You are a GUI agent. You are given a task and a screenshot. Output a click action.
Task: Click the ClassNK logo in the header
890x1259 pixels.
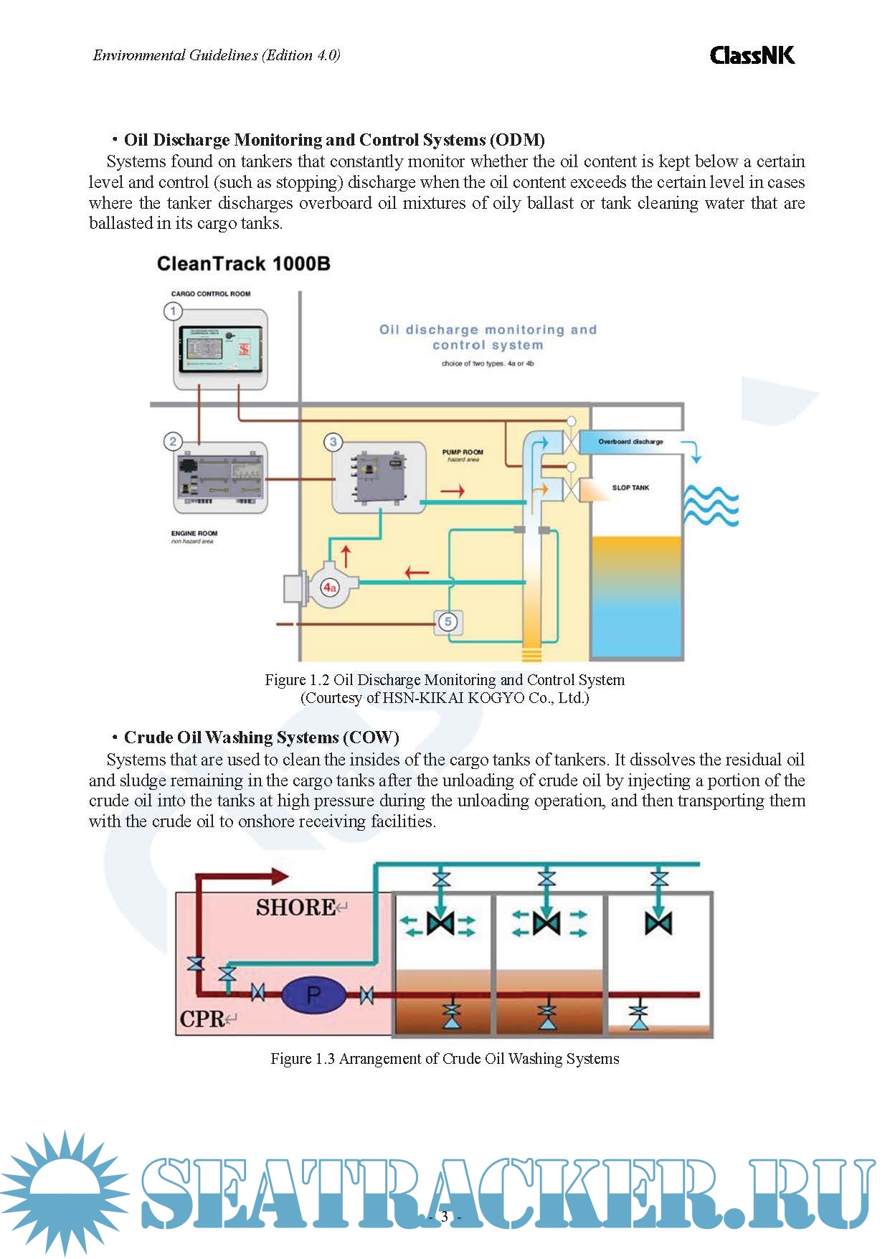click(752, 55)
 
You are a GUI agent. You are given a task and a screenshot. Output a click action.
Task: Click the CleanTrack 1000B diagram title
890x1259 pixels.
click(243, 264)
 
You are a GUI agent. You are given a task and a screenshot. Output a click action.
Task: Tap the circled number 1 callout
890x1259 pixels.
click(173, 311)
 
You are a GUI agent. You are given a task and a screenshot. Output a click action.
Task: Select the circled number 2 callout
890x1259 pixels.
click(173, 441)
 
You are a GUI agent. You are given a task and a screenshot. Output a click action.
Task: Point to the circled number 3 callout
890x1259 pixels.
click(333, 442)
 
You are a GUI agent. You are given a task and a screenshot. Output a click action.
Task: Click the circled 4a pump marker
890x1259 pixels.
click(329, 588)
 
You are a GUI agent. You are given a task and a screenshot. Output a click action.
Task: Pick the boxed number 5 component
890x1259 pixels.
click(448, 621)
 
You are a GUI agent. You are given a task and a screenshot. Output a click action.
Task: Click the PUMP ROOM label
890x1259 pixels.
click(463, 453)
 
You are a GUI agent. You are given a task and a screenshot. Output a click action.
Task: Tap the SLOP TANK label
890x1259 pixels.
click(630, 488)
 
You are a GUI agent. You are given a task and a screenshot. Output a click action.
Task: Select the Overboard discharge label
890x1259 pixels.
click(630, 442)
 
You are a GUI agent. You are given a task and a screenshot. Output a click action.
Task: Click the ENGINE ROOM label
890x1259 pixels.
click(194, 534)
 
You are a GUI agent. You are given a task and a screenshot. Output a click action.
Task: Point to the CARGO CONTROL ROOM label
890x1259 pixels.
click(211, 294)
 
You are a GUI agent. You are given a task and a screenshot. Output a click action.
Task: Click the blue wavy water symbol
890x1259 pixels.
click(710, 505)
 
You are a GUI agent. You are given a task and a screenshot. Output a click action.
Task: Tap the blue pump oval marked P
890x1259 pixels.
click(313, 995)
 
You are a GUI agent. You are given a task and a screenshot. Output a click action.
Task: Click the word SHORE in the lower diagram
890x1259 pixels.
click(295, 907)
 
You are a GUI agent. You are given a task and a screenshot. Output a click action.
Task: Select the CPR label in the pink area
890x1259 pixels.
click(202, 1019)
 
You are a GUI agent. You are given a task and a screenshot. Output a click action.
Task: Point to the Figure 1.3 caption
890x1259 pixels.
click(445, 1059)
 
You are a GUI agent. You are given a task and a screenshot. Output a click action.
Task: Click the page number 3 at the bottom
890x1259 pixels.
click(445, 1217)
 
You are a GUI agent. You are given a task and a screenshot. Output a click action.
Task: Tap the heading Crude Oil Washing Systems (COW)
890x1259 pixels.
click(261, 737)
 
